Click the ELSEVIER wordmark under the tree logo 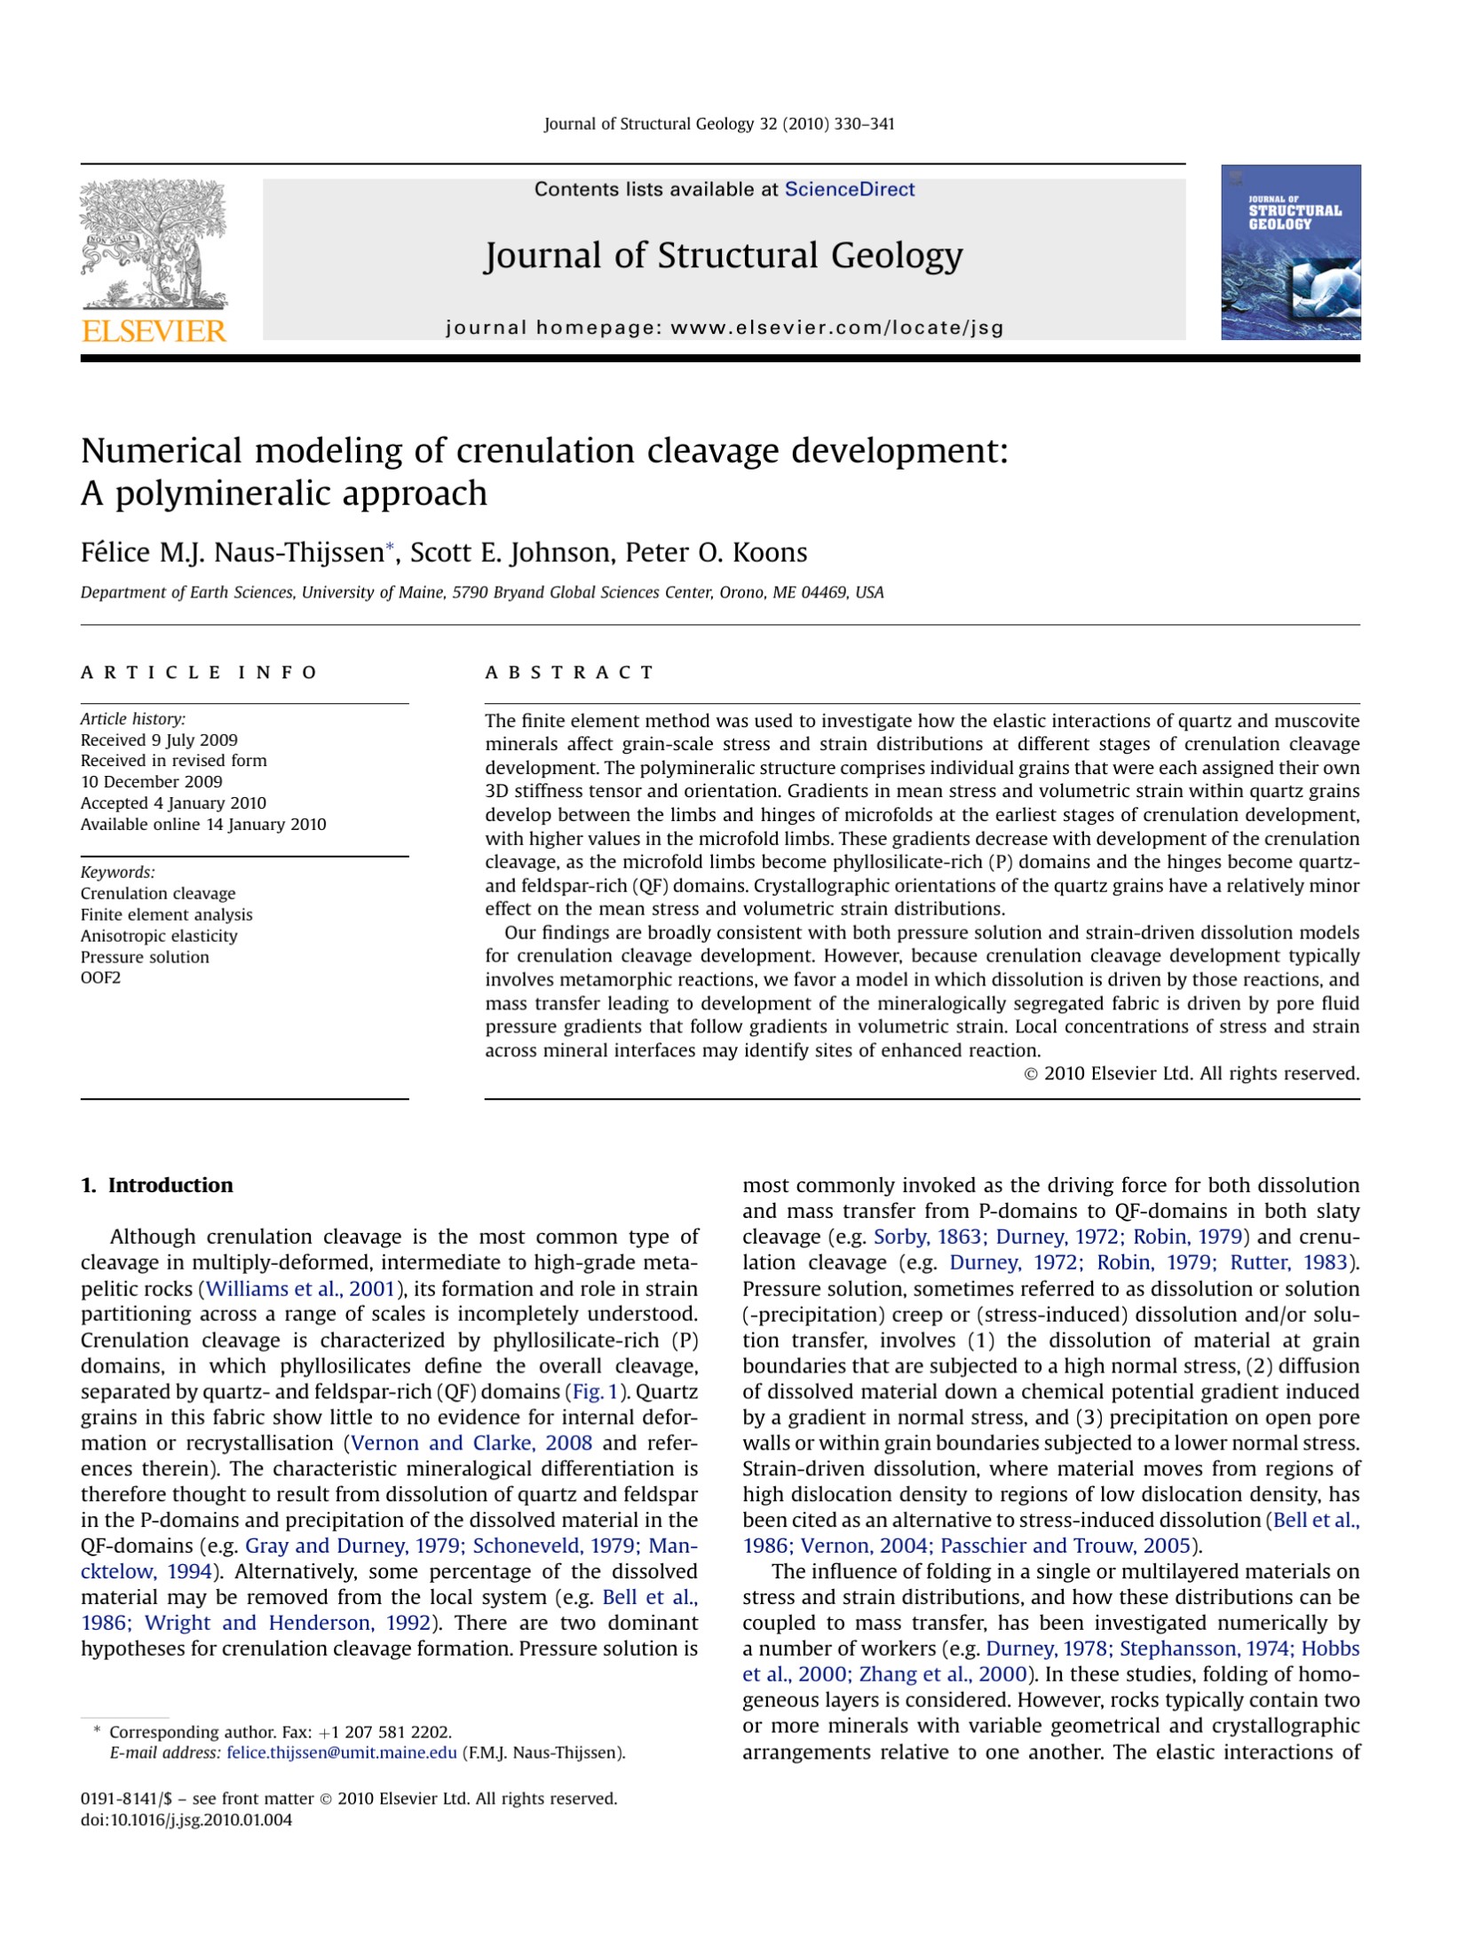tap(154, 331)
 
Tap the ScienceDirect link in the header tap(849, 189)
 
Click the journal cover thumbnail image tap(1290, 252)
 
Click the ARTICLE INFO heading tap(199, 672)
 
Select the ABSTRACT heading tap(569, 672)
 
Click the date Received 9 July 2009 tap(159, 739)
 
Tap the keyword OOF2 tap(100, 977)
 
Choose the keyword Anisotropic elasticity tap(159, 936)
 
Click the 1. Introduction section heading tap(157, 1185)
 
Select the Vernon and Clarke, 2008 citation tap(472, 1443)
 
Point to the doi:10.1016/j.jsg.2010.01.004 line tap(186, 1820)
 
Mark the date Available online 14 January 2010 tap(203, 824)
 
